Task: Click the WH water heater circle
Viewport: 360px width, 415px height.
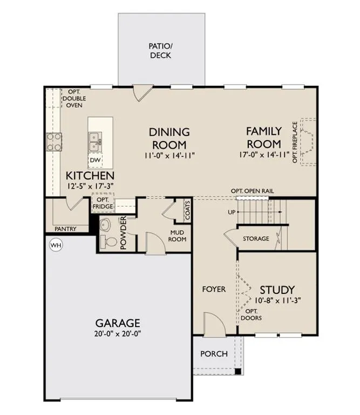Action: pyautogui.click(x=56, y=245)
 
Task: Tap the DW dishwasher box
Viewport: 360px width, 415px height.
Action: pyautogui.click(x=95, y=160)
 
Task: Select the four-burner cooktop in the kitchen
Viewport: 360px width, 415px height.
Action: pyautogui.click(x=54, y=142)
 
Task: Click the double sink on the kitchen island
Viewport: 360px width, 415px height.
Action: pyautogui.click(x=95, y=142)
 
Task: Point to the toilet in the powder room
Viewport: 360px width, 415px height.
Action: pyautogui.click(x=108, y=242)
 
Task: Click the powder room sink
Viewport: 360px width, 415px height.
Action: pyautogui.click(x=106, y=225)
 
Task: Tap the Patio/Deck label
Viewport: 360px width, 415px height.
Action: pyautogui.click(x=160, y=51)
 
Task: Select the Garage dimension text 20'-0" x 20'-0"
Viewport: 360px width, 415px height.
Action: pyautogui.click(x=117, y=333)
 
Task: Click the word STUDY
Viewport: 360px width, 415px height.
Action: pyautogui.click(x=277, y=290)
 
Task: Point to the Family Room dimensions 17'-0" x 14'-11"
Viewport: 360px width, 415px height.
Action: pyautogui.click(x=264, y=155)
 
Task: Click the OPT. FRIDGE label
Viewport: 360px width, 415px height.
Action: pyautogui.click(x=103, y=203)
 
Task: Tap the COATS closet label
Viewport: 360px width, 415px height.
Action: pyautogui.click(x=188, y=210)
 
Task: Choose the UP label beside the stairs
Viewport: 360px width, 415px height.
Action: pyautogui.click(x=232, y=212)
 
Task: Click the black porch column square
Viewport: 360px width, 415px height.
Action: pyautogui.click(x=238, y=371)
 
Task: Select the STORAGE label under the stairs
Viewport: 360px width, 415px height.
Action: pyautogui.click(x=256, y=239)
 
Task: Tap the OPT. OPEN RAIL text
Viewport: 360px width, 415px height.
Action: pyautogui.click(x=252, y=191)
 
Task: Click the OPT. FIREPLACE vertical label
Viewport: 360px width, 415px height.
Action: pyautogui.click(x=295, y=142)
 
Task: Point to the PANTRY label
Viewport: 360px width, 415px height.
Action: pyautogui.click(x=65, y=229)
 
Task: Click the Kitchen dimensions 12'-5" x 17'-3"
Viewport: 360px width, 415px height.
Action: pyautogui.click(x=90, y=186)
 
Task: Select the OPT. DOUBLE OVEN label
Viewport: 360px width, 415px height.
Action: pyautogui.click(x=74, y=98)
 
